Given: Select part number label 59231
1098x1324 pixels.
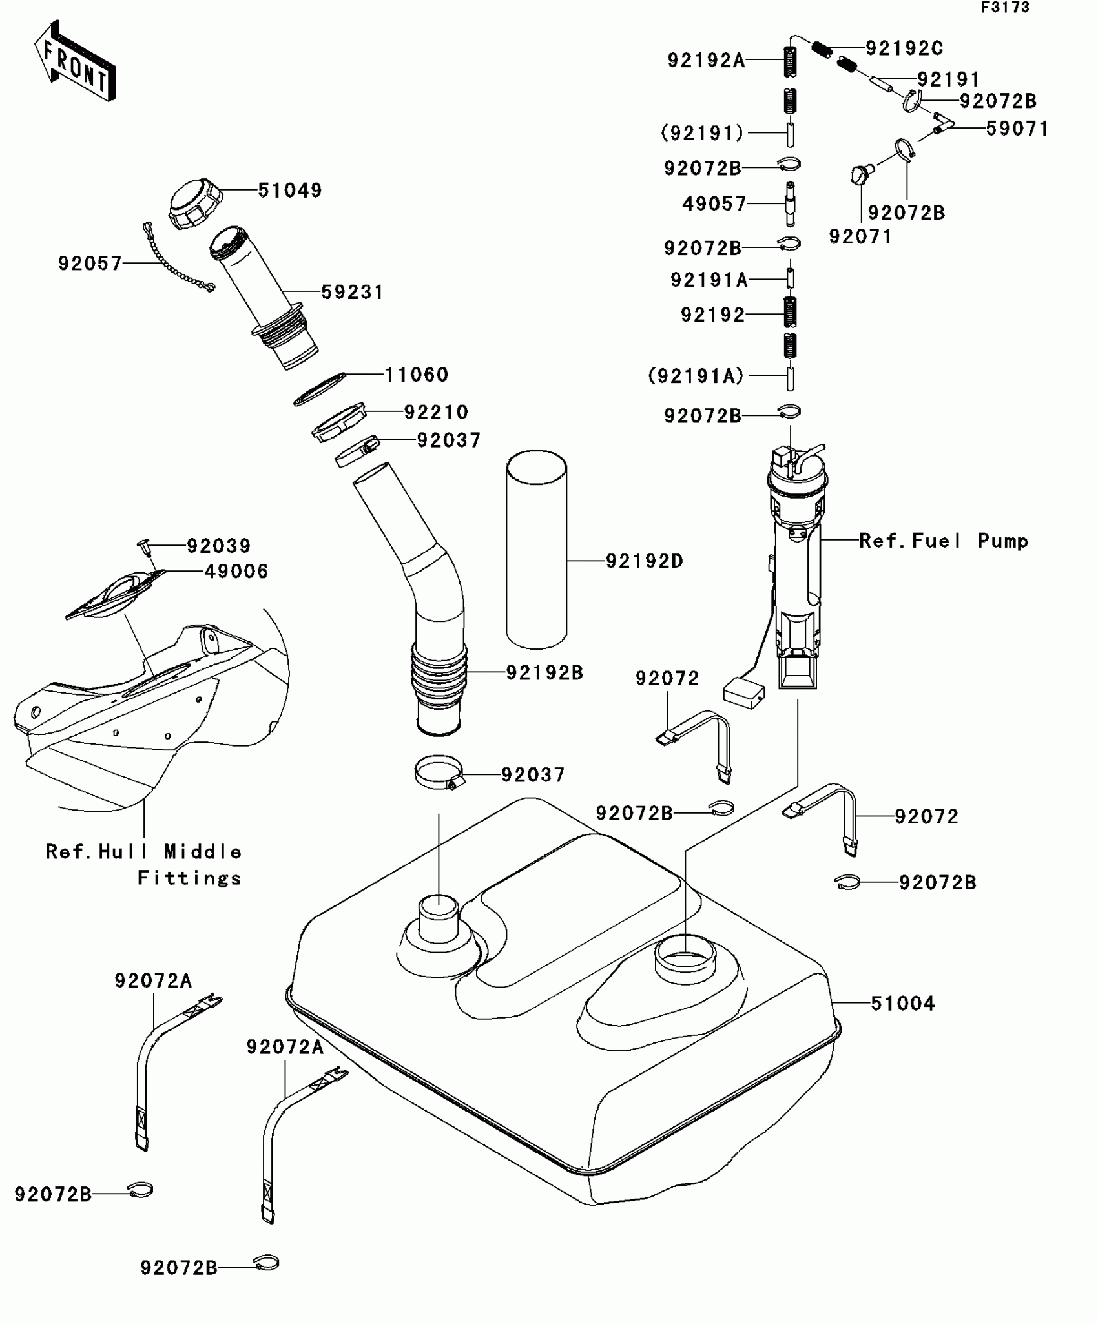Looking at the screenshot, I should tap(352, 293).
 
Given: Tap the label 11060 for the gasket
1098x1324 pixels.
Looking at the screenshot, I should tap(417, 375).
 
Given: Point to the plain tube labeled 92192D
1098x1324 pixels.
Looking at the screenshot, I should tap(536, 549).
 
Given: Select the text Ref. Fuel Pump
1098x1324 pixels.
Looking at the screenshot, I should tap(943, 541).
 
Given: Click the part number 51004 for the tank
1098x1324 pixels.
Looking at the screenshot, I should tap(902, 1003).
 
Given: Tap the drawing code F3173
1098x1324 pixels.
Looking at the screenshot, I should tap(1005, 8).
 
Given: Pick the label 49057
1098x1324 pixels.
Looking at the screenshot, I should tap(714, 204).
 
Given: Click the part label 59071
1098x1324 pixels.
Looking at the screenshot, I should tap(1017, 129).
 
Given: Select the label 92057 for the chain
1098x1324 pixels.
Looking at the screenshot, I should tap(90, 264).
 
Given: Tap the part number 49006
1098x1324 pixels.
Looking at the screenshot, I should tap(236, 572).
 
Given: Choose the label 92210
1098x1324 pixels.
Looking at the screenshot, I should tap(436, 412).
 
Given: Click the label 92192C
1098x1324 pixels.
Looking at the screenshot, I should tap(904, 48).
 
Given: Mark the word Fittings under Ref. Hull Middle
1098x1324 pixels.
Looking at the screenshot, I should tap(189, 878).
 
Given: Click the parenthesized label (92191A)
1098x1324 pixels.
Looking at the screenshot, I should tap(696, 376).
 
